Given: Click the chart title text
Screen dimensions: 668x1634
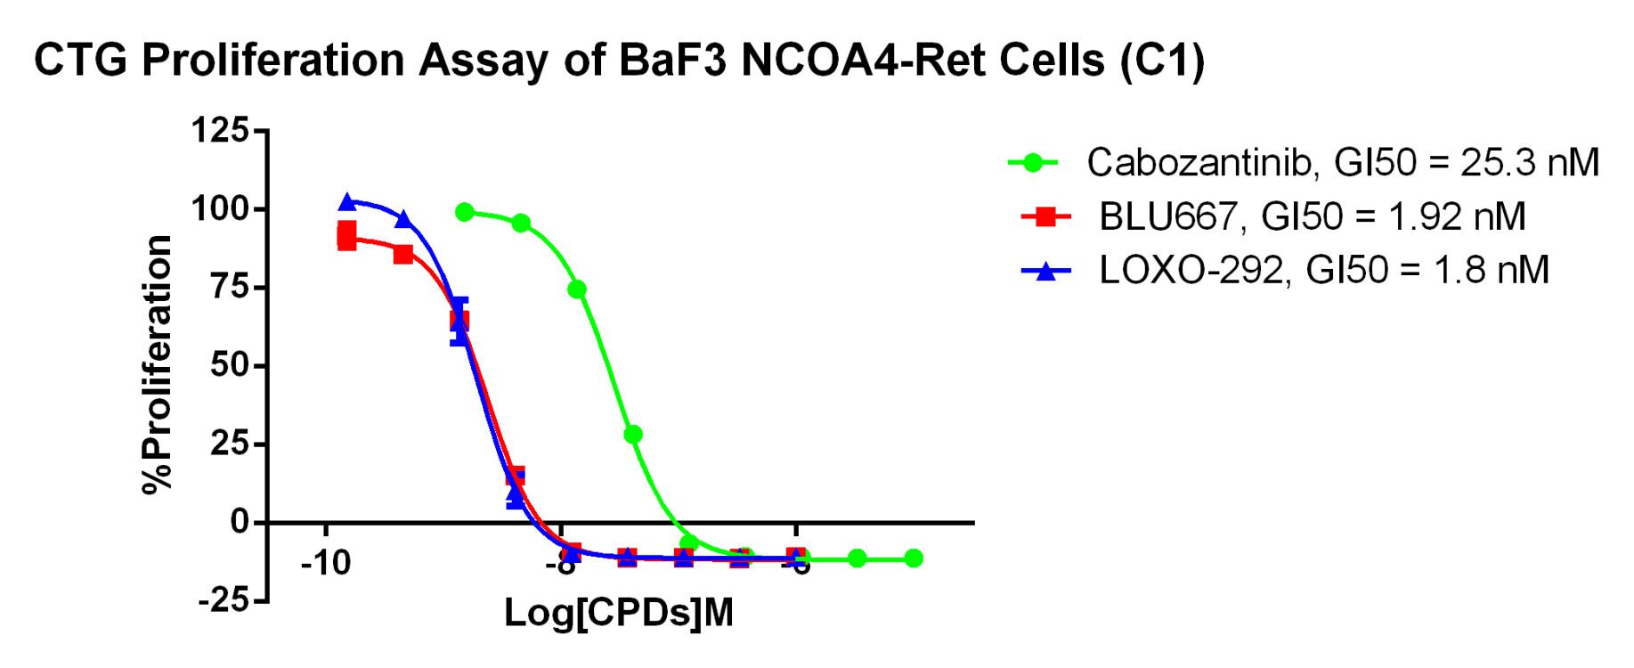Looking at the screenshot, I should coord(619,61).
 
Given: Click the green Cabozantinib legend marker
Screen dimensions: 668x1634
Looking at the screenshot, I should coord(1033,162).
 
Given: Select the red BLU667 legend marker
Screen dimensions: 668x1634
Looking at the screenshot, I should coord(1046,216).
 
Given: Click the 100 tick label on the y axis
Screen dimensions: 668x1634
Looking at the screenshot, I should coord(220,210).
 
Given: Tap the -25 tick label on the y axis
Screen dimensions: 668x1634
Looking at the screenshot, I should coord(224,600).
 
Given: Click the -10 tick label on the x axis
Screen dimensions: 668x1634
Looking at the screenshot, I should coord(326,564).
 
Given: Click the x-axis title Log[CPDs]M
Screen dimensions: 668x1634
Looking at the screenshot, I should coord(619,614).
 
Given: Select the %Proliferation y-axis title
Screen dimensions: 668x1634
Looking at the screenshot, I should coord(158,363).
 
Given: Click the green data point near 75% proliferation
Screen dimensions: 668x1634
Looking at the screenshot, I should coord(576,289).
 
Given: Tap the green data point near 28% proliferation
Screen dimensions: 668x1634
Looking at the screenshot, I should coord(633,435).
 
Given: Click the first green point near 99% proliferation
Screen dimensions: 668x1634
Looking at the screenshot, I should coord(464,212).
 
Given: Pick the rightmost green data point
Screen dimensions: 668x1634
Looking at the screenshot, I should coord(913,558).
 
